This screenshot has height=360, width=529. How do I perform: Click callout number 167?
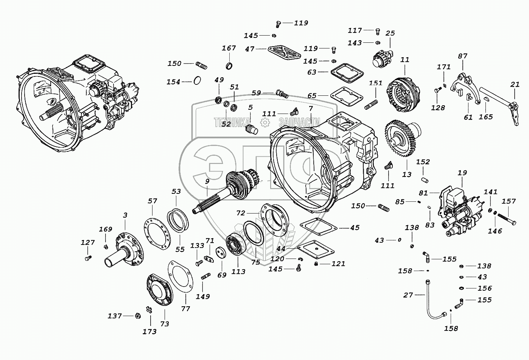[229, 48]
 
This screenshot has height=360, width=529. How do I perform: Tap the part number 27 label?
[408, 295]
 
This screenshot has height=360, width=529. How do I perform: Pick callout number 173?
[149, 332]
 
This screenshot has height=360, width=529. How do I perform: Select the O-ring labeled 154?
[197, 80]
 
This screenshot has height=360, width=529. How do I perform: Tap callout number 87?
[462, 56]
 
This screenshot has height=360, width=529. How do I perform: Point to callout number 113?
[238, 271]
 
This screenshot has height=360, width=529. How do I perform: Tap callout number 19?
[462, 173]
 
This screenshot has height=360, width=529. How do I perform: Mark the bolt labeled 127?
[88, 258]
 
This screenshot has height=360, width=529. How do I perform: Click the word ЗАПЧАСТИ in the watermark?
[299, 122]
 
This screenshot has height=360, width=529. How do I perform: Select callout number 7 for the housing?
[311, 109]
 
